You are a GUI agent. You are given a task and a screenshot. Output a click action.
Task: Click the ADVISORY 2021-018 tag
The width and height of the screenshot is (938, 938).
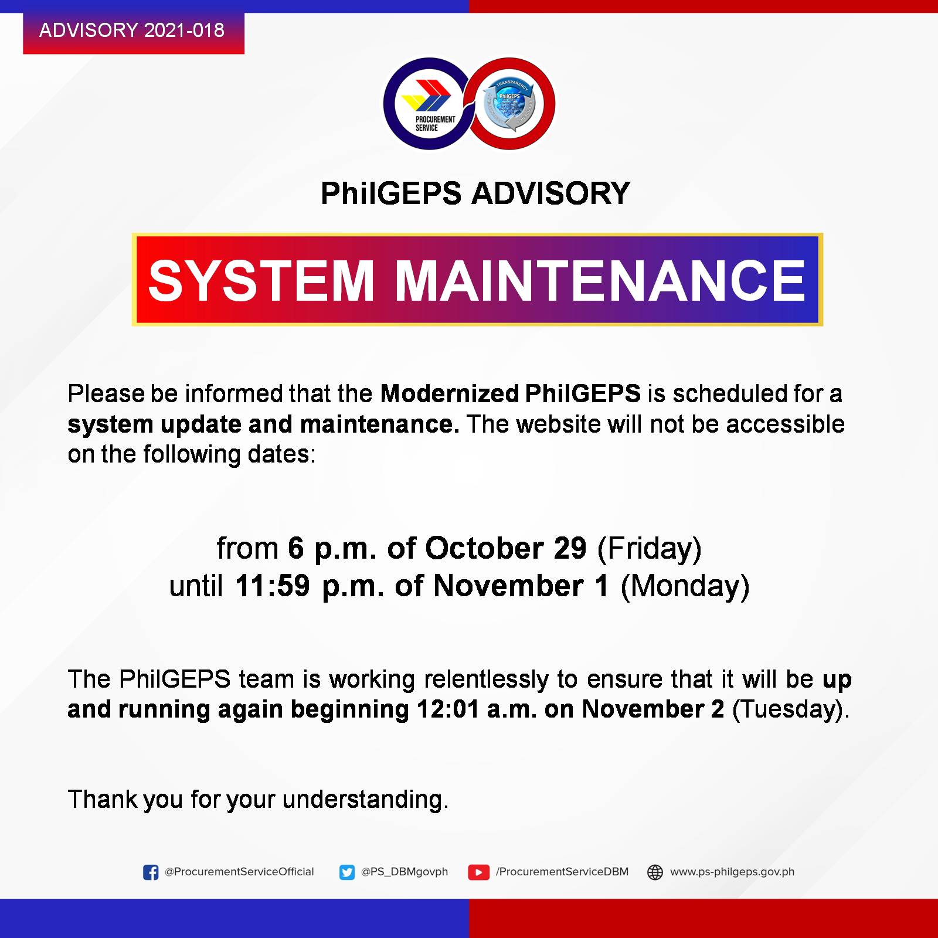(134, 30)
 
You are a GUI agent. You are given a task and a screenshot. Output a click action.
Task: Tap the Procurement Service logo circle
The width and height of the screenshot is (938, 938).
(429, 104)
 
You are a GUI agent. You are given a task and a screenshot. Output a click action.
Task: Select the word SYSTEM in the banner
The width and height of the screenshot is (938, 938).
(261, 280)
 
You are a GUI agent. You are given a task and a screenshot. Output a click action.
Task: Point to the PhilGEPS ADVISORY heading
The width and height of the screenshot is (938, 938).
(475, 193)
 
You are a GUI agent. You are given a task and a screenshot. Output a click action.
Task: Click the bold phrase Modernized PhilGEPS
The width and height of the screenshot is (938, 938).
(511, 394)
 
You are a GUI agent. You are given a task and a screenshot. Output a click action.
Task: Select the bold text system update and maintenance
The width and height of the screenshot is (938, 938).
(264, 424)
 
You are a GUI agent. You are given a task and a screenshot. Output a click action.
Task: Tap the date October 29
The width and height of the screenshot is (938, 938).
(506, 548)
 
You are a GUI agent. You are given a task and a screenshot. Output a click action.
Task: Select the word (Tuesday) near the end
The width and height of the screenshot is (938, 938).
(787, 710)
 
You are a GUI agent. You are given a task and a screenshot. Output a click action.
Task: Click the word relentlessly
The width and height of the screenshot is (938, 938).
(487, 679)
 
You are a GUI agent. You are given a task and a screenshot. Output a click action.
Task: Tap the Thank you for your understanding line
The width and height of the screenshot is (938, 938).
(258, 800)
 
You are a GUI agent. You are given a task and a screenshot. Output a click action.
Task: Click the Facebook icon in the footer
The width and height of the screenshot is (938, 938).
(151, 872)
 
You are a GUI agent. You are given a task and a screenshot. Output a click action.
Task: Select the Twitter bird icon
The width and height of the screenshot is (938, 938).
(347, 872)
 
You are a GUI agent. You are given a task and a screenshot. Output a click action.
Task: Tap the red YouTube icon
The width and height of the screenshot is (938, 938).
(478, 872)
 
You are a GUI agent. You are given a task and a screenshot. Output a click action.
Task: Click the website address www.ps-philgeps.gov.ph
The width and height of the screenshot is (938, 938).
(732, 872)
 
